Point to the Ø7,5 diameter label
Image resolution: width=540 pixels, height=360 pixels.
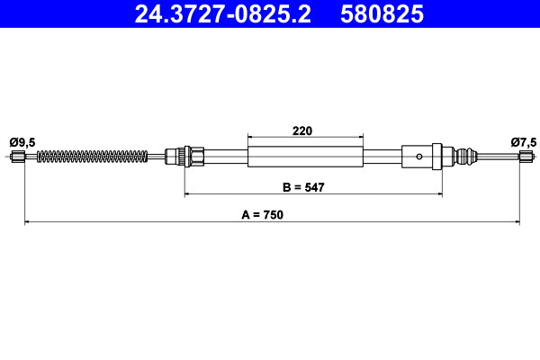click(523, 141)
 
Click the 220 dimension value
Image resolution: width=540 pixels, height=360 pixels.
click(302, 130)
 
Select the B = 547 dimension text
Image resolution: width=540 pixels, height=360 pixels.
click(302, 187)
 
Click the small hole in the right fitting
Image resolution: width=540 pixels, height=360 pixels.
click(418, 156)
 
